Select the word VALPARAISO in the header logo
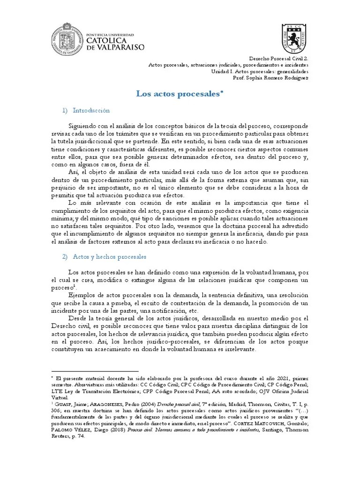[121, 47]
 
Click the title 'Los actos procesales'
[180, 94]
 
